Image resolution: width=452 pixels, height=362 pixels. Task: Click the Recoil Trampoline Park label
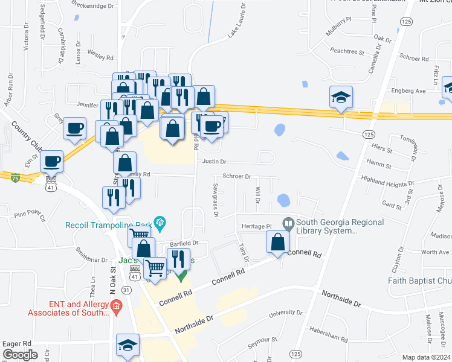point(109,225)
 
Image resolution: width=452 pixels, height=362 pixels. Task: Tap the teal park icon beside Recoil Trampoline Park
point(160,223)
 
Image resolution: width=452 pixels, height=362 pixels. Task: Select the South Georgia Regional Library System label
point(340,226)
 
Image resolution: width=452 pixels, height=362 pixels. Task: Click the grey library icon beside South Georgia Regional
point(288,223)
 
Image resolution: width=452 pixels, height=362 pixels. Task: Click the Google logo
point(20,355)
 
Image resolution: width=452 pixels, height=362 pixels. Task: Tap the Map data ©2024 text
point(425,357)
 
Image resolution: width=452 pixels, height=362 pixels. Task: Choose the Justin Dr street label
point(214,162)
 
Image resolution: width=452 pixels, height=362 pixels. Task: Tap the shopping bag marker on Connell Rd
point(277,242)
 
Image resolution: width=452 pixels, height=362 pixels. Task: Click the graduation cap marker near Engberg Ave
point(341,97)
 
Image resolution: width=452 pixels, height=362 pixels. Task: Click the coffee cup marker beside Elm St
point(51,161)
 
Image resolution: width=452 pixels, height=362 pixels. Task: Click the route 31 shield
point(126,290)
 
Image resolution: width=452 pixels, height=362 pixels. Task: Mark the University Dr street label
point(286,313)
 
